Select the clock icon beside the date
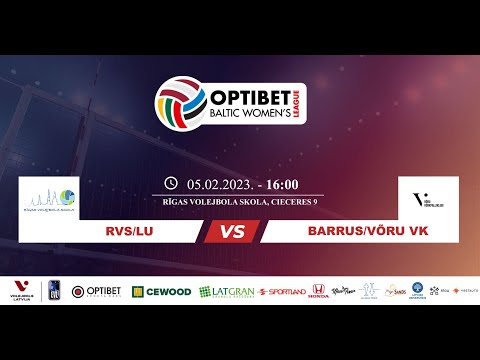[171, 184]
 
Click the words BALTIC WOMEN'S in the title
[241, 115]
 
